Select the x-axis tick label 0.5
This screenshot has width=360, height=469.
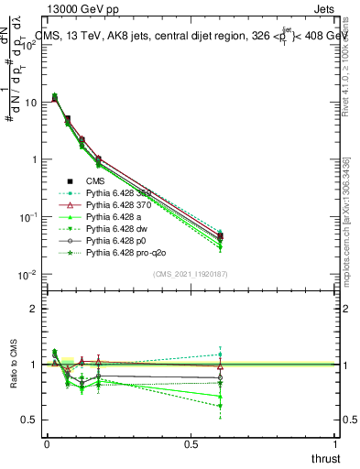191,445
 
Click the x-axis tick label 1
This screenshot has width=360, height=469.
336,445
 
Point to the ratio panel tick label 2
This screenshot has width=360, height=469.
34,309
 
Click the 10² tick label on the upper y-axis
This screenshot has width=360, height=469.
29,45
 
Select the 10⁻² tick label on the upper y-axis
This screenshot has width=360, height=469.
29,274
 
